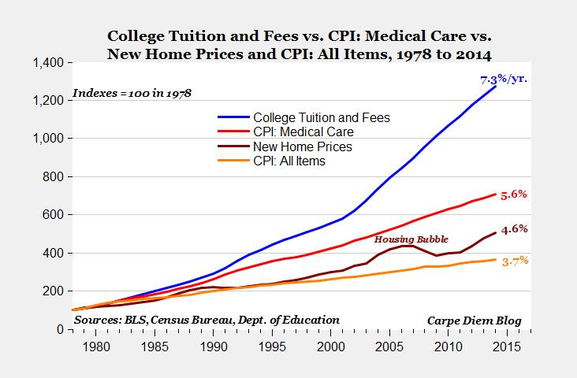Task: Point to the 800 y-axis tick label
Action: click(x=55, y=176)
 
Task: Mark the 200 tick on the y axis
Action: click(x=55, y=291)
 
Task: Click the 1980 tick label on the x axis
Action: click(x=95, y=346)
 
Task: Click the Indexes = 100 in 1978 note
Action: click(x=133, y=93)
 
